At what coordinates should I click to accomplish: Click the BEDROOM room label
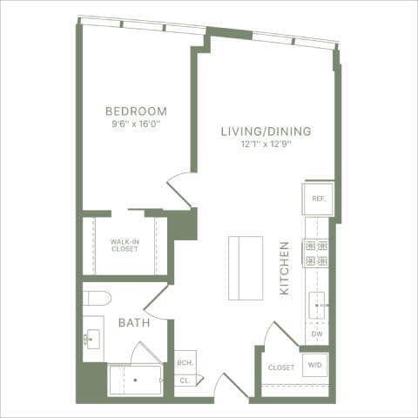click(136, 111)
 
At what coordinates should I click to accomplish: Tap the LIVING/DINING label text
click(266, 131)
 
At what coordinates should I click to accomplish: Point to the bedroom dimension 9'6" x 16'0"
click(136, 124)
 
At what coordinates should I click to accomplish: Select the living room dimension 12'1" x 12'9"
click(266, 145)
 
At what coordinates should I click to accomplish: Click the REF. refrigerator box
click(318, 199)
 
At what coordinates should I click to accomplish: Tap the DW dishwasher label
click(317, 334)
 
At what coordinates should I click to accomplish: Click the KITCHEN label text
click(285, 268)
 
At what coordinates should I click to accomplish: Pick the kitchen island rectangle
click(245, 267)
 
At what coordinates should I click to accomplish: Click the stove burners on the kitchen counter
click(315, 253)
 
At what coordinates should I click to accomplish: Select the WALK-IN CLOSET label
click(125, 246)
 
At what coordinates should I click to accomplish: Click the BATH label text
click(133, 322)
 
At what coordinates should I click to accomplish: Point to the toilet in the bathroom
click(96, 299)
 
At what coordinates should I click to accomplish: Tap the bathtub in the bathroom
click(135, 381)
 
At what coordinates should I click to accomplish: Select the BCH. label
click(185, 363)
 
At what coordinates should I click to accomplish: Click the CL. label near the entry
click(185, 381)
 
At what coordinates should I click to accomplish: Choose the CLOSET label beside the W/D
click(281, 367)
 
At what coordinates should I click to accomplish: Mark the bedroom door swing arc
click(179, 186)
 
